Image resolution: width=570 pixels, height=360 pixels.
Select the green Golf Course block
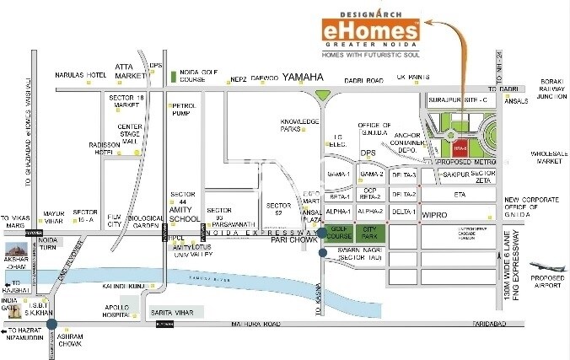click(339, 232)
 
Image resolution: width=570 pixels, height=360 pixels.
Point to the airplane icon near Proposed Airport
click(544, 268)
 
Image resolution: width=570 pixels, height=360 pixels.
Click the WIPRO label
click(435, 215)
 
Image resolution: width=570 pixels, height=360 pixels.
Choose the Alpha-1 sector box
click(338, 211)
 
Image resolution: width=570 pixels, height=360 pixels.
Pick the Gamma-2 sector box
click(371, 174)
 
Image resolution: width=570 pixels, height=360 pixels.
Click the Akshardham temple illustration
click(18, 250)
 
